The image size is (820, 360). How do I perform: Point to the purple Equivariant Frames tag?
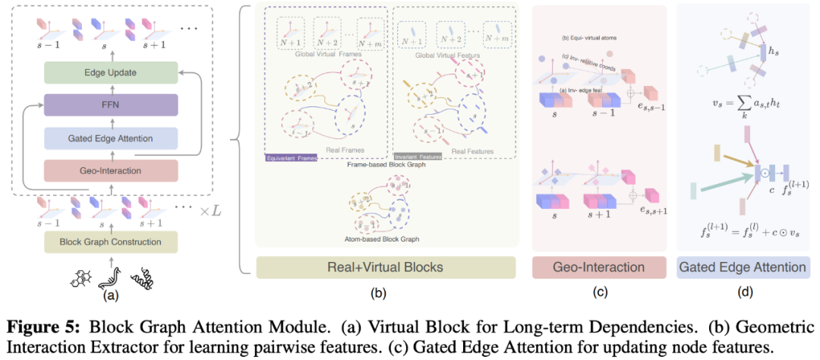pyautogui.click(x=287, y=159)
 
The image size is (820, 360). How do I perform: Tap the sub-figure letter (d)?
pyautogui.click(x=743, y=290)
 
